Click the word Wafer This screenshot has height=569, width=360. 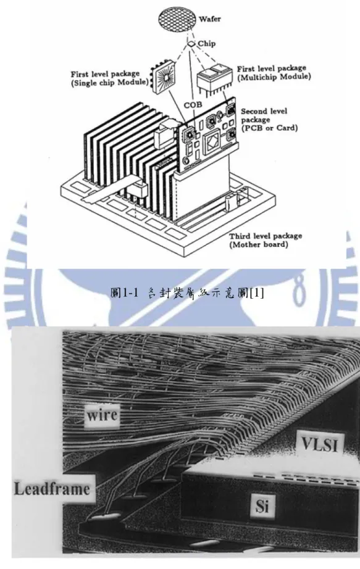click(x=209, y=19)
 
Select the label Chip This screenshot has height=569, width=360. click(x=206, y=44)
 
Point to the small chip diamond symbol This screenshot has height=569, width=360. click(x=191, y=44)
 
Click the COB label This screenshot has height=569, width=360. click(x=193, y=106)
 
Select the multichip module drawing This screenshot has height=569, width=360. click(x=214, y=79)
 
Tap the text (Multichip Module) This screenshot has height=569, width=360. click(x=274, y=77)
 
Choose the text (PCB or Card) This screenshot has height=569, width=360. click(x=269, y=128)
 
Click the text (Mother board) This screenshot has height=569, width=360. click(x=258, y=244)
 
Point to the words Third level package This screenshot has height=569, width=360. click(x=265, y=236)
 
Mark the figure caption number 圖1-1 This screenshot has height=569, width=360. click(x=124, y=293)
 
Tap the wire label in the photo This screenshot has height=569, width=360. click(x=102, y=415)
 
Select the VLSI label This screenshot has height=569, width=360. click(x=320, y=444)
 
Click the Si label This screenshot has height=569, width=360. click(x=262, y=505)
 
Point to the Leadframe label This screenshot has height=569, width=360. click(x=52, y=489)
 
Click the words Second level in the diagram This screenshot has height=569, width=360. click(x=264, y=112)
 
